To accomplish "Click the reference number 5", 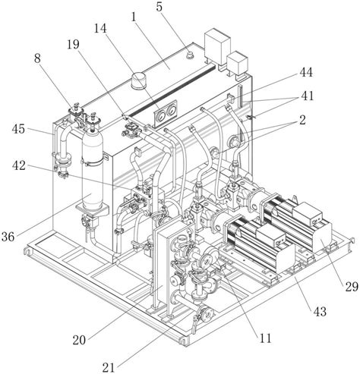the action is (159, 7).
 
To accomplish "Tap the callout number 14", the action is (100, 29).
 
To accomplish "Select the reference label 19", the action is (73, 45).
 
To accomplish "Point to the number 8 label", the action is (37, 59).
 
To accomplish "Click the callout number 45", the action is (18, 129).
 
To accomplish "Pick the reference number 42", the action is (19, 166).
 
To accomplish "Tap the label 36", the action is (8, 237).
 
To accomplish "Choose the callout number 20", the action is (79, 341).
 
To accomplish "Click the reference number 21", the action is (109, 367).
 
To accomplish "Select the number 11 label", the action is (265, 338).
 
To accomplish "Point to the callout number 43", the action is (320, 312).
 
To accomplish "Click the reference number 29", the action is (352, 287).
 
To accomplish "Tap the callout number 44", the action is (306, 73).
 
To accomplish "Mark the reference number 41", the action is (307, 96).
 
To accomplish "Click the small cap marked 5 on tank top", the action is (189, 55).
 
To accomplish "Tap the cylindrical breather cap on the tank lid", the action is (139, 80).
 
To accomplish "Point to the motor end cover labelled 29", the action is (322, 237).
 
